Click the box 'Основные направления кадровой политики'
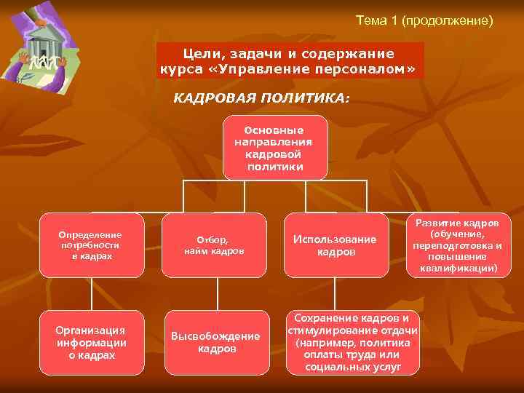(x=275, y=147)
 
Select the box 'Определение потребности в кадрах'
(x=92, y=245)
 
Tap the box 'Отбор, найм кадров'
(x=213, y=245)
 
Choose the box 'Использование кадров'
(x=335, y=245)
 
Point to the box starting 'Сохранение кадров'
(x=354, y=342)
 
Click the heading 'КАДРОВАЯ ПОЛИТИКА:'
(x=261, y=98)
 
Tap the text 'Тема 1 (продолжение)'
(x=424, y=20)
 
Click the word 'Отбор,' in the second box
(x=213, y=239)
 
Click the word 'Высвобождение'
(x=215, y=336)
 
